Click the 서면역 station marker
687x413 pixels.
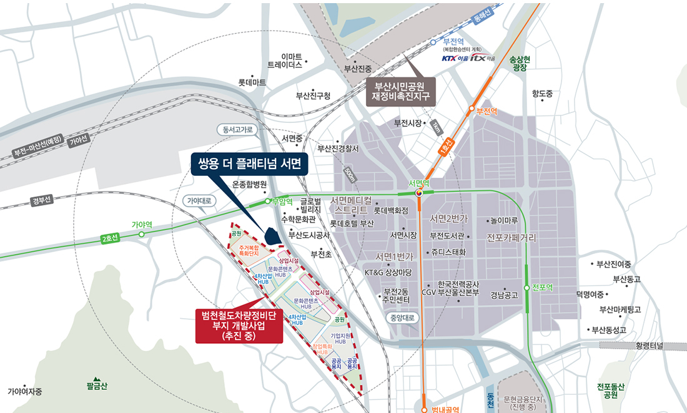click(x=420, y=193)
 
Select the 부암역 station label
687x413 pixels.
click(x=281, y=201)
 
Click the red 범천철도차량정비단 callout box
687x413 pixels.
click(x=239, y=326)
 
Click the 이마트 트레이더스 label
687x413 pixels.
click(x=285, y=61)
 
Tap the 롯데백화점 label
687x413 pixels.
click(x=387, y=210)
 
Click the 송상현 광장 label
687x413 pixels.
click(x=520, y=63)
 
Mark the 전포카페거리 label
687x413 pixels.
click(x=511, y=238)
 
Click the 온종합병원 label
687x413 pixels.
click(x=249, y=185)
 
